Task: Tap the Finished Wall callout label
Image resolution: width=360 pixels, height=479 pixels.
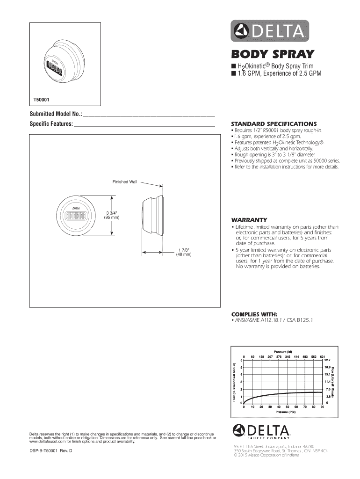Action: (x=124, y=181)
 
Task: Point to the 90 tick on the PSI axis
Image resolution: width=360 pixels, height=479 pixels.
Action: (x=323, y=407)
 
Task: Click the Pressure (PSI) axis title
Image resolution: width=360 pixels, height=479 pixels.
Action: (x=285, y=412)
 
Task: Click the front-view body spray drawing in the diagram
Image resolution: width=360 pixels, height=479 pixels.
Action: (x=77, y=217)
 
